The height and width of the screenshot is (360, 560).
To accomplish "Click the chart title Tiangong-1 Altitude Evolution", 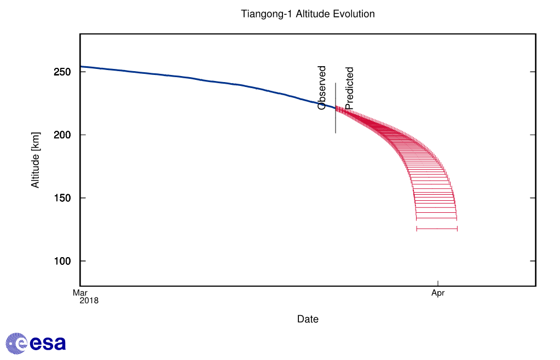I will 308,14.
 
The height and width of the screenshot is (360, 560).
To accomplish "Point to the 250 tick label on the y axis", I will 63,72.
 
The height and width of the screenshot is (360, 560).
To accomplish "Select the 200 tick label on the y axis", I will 63,135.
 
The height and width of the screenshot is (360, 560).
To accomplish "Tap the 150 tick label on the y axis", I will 63,198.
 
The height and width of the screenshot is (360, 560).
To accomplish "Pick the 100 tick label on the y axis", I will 63,261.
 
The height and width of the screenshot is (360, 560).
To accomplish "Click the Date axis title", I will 308,319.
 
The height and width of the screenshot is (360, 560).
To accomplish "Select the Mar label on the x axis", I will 80,293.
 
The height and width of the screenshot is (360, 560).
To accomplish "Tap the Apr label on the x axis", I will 438,293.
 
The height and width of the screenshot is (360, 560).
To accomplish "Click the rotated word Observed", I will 322,88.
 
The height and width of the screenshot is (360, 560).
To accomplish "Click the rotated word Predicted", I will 350,88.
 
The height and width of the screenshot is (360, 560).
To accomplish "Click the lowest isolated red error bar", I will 437,229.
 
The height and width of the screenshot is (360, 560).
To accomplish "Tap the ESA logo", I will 36,343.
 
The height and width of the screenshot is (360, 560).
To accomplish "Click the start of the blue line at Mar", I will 81,67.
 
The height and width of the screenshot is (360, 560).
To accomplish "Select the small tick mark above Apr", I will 438,283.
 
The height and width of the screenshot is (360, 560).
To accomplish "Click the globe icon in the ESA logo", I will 16,343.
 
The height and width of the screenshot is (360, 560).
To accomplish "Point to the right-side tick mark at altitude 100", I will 533,261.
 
